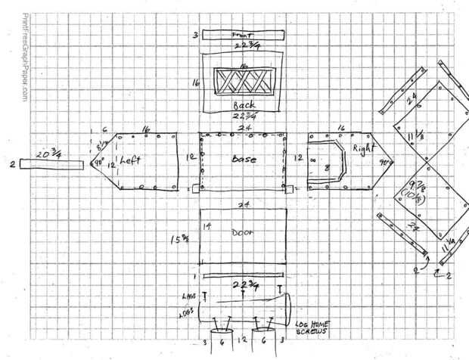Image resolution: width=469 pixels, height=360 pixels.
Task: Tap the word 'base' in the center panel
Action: pyautogui.click(x=244, y=160)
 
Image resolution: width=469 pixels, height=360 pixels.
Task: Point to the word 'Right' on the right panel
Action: pyautogui.click(x=363, y=149)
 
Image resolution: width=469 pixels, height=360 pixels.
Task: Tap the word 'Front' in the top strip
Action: pyautogui.click(x=241, y=34)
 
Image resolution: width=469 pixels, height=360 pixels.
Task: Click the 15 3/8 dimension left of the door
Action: pyautogui.click(x=179, y=241)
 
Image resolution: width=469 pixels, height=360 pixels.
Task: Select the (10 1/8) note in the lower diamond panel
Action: pyautogui.click(x=413, y=197)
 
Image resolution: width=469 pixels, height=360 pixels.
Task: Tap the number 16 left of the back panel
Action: pyautogui.click(x=194, y=82)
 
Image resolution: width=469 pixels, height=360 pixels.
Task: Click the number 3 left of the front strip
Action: pyautogui.click(x=194, y=35)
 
